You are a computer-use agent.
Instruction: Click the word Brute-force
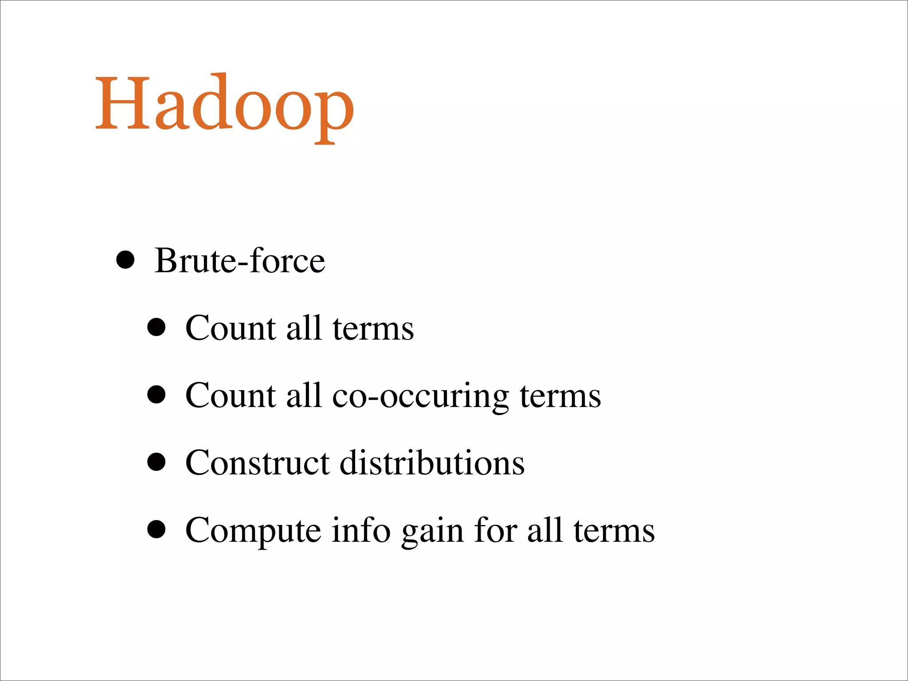[x=240, y=261]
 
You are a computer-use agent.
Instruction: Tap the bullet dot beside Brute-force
[x=125, y=260]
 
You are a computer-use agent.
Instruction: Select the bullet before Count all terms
[x=156, y=328]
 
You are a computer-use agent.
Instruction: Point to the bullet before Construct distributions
[x=156, y=463]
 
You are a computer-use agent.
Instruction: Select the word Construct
[x=257, y=463]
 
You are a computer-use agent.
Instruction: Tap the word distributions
[x=432, y=463]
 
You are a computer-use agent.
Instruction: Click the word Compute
[x=253, y=531]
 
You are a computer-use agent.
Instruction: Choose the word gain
[x=432, y=532]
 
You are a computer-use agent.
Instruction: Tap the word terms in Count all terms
[x=373, y=329]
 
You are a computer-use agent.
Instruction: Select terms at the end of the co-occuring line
[x=560, y=396]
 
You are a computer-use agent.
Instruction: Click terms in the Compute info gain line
[x=614, y=531]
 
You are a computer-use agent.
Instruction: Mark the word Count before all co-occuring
[x=230, y=395]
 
